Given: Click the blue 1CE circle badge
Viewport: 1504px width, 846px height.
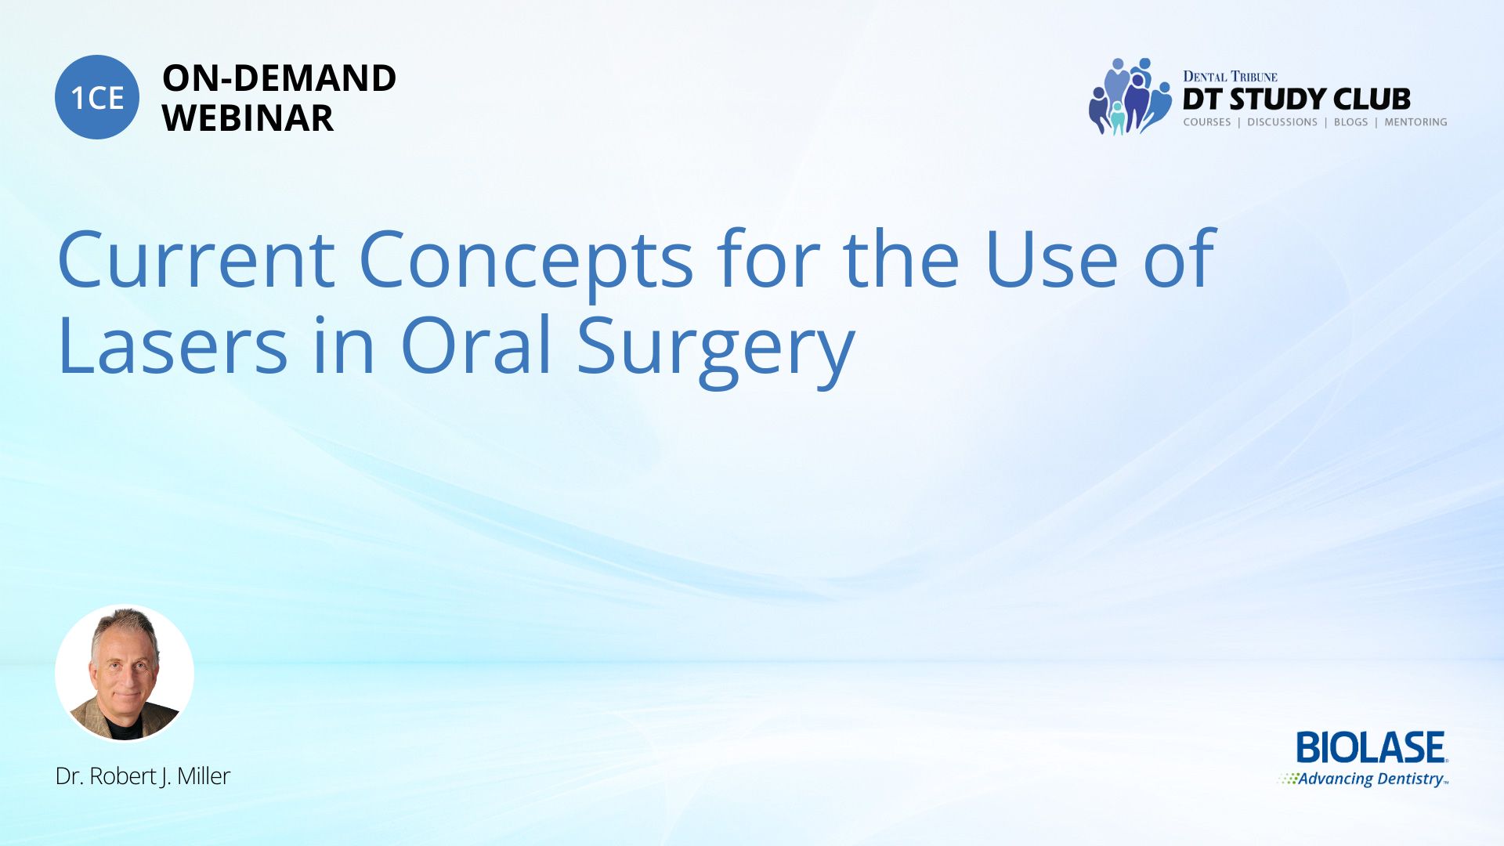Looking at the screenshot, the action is click(97, 97).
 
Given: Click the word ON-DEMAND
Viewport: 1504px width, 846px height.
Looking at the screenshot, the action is click(279, 78).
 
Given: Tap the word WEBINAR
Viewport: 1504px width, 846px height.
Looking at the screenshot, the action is click(248, 118).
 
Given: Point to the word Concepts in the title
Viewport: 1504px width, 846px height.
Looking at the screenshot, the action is click(526, 265).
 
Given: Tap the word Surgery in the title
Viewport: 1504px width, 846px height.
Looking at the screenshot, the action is click(716, 350).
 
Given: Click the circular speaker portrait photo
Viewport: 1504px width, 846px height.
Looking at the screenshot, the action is click(125, 673).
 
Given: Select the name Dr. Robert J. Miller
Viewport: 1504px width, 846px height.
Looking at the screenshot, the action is click(143, 775).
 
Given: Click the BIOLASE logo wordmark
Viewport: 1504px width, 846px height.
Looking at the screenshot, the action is click(1372, 748).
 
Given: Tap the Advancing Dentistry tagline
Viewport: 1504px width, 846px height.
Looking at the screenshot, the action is click(1364, 779).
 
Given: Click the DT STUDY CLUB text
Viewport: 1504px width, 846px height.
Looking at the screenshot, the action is click(1296, 99).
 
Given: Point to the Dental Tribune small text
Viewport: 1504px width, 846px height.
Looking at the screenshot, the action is click(1230, 76).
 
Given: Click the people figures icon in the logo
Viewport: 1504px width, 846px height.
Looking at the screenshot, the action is click(1130, 96).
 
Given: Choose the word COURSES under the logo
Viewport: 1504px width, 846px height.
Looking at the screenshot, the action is click(1207, 122).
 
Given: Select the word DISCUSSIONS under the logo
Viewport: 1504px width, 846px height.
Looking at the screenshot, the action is click(1282, 122).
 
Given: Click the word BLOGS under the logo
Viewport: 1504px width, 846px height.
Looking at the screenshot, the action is click(1350, 122).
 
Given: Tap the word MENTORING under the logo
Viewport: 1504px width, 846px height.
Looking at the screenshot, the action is click(1415, 122).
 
